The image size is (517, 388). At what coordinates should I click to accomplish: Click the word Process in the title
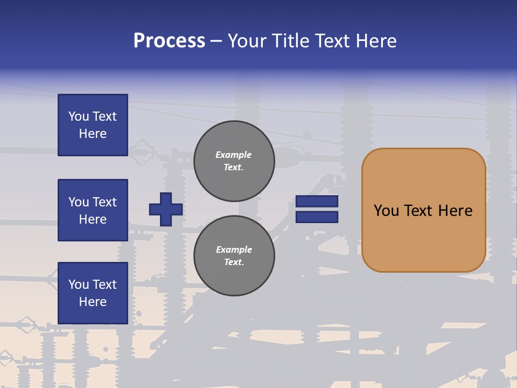tap(169, 41)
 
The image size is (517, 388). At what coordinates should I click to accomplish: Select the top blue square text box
tap(93, 125)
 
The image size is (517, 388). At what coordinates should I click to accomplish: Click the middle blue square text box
tap(93, 210)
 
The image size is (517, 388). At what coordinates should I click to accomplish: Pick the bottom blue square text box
tap(93, 293)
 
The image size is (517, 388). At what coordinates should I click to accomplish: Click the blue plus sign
tap(166, 209)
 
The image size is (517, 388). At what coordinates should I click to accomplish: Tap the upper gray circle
tap(234, 161)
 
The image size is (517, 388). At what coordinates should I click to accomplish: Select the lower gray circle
tap(234, 256)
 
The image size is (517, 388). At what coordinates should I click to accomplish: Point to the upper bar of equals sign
tap(317, 202)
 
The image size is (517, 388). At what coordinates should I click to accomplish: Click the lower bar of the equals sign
tap(317, 217)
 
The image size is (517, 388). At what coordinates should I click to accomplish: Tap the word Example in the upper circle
tap(234, 155)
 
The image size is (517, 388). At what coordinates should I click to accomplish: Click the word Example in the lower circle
tap(234, 250)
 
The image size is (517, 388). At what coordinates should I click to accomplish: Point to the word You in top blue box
tap(78, 116)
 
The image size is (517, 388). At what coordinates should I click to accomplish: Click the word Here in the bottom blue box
tap(93, 302)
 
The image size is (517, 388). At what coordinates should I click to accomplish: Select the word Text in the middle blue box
tap(104, 202)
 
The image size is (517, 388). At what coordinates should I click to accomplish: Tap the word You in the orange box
tap(386, 211)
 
